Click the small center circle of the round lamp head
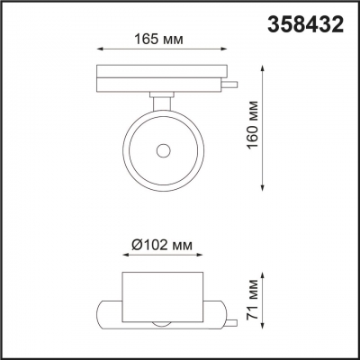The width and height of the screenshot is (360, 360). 163,150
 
